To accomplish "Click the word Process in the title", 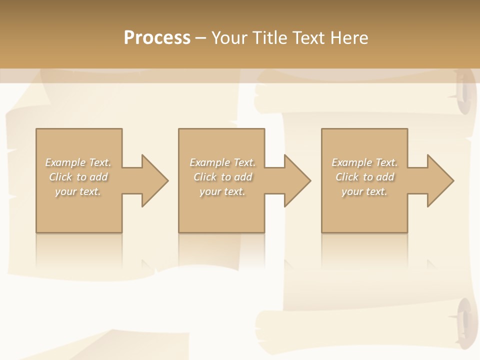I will point(157,38).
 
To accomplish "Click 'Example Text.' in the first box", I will point(78,162).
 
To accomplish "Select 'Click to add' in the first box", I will point(78,177).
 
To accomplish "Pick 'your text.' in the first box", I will point(78,191).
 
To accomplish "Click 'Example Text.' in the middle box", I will point(222,162).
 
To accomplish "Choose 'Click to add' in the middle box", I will point(222,177).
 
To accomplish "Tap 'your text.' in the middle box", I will point(222,191).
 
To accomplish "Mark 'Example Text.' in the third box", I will point(364,162).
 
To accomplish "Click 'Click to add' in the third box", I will point(364,177).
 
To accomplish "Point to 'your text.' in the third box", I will point(364,191).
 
